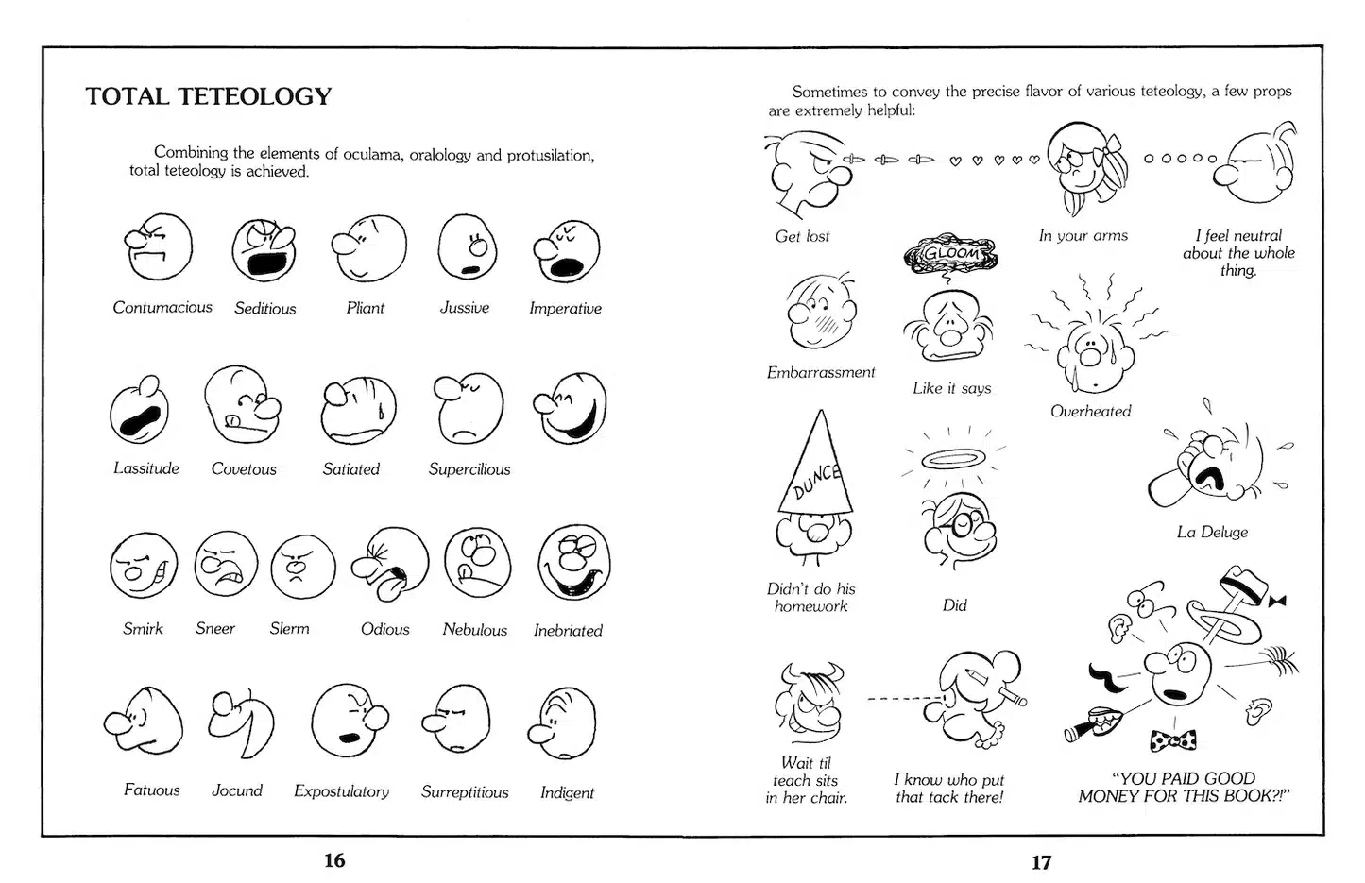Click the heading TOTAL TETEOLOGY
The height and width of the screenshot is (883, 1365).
(x=209, y=96)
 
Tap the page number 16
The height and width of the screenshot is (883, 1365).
(x=334, y=860)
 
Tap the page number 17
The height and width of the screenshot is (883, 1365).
(x=1041, y=862)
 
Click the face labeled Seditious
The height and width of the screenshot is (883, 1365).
(x=264, y=250)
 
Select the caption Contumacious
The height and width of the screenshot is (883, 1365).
(x=162, y=308)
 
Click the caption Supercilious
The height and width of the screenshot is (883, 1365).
(x=469, y=469)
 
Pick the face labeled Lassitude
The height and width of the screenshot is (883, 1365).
(x=140, y=411)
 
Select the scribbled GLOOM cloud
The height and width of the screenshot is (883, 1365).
(x=950, y=254)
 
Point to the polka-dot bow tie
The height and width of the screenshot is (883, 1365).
(x=1173, y=740)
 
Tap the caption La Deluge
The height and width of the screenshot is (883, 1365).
(x=1212, y=533)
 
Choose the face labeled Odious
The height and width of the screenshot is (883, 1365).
(x=391, y=566)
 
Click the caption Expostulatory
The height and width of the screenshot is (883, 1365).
(x=341, y=791)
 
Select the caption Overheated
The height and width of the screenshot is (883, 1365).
(x=1090, y=412)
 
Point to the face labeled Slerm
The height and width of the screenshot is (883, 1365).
(x=302, y=567)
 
